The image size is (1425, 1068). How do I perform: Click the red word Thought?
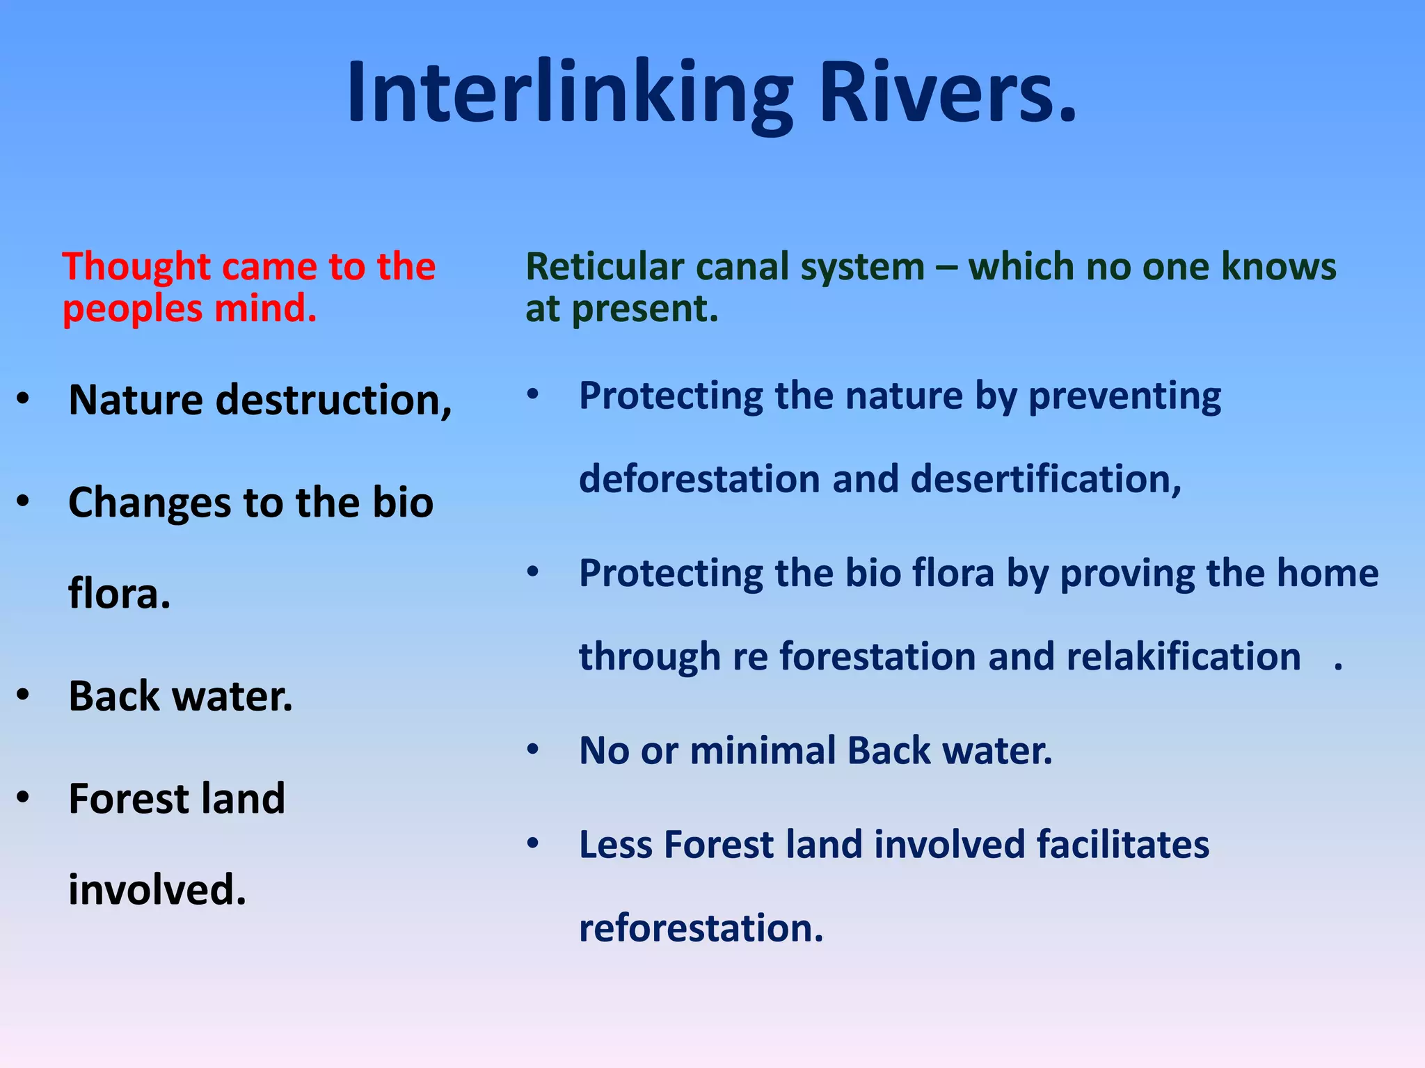pos(136,267)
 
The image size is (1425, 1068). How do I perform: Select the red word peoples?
pos(132,309)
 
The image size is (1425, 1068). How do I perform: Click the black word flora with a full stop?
pos(118,594)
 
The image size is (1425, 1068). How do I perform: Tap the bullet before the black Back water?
pos(24,695)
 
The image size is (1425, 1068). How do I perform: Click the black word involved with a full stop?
pos(157,891)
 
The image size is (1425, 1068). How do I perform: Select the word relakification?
pos(1183,657)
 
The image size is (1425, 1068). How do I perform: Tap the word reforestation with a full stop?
pos(701,929)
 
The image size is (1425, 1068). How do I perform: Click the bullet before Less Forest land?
pos(533,843)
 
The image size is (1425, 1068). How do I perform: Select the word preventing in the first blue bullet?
pos(1124,397)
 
